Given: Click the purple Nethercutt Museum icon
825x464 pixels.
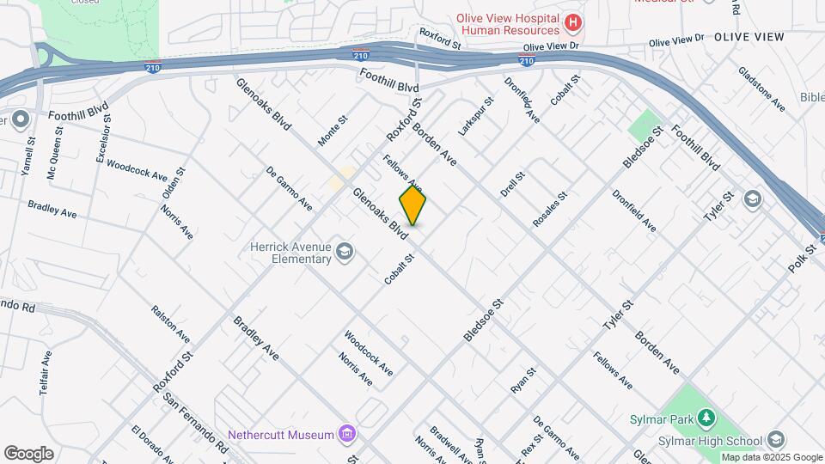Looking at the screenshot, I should pos(346,434).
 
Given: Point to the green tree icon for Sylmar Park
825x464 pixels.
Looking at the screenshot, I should pos(706,418).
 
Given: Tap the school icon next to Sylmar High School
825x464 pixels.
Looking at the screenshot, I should pos(778,440).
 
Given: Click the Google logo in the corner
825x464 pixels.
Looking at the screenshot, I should pos(28,454).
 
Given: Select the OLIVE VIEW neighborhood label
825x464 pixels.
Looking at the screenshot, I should pos(749,37).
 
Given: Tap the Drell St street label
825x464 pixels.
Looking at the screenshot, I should pos(515,183).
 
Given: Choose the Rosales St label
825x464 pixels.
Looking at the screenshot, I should pos(551,211).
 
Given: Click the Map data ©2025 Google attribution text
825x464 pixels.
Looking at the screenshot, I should pos(771,457).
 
